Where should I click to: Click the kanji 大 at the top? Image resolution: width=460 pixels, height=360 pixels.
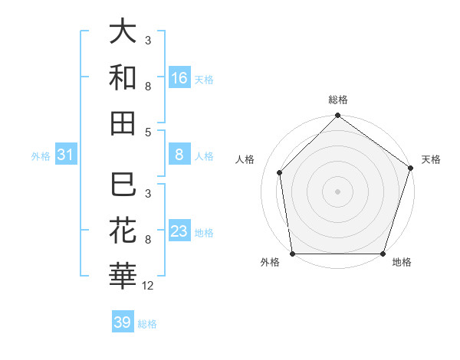123,32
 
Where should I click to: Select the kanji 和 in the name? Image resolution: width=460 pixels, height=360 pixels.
123,77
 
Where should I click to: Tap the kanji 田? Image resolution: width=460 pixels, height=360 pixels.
123,123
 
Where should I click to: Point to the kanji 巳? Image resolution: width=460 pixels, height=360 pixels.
123,186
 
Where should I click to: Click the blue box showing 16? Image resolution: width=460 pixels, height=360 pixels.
179,77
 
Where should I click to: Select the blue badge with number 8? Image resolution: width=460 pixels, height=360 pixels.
179,155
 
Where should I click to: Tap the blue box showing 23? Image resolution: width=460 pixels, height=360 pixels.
179,231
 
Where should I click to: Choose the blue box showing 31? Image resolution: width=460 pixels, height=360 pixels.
65,155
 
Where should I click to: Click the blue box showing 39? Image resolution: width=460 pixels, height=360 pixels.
123,322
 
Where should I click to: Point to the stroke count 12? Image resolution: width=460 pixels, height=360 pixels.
148,286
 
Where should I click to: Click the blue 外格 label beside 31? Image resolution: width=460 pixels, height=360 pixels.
41,156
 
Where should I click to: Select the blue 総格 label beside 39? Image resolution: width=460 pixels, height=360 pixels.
147,323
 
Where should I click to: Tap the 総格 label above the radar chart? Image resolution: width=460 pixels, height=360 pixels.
338,100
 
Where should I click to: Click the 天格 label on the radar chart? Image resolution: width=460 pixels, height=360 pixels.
432,159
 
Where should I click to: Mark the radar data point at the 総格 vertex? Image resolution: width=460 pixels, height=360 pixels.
337,116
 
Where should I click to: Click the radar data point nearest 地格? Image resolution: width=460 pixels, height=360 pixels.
383,254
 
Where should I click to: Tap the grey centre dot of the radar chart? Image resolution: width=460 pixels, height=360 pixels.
337,191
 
